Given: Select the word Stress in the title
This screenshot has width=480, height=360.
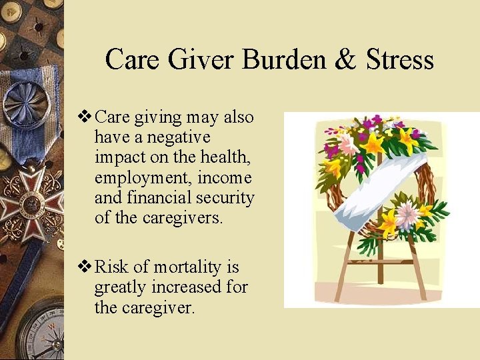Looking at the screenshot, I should point(399,59).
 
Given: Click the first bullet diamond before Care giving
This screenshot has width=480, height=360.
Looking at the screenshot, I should point(85,117).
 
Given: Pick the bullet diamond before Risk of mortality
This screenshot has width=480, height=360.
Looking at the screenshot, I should point(85,267).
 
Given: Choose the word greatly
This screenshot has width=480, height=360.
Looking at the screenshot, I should point(121,287).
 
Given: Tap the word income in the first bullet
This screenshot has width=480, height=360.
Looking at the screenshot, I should point(229,179).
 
